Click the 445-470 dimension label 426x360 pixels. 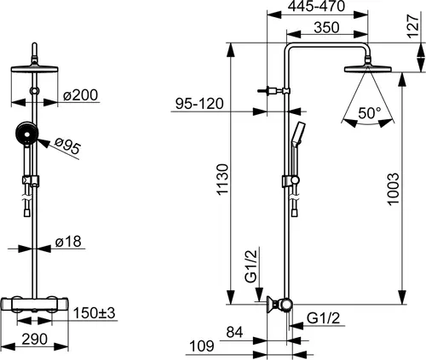316,6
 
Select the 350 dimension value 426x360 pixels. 326,27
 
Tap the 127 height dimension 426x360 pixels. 413,26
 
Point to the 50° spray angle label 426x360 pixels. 369,113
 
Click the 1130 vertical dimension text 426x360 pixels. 222,180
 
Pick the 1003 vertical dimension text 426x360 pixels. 393,189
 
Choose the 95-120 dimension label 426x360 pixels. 199,104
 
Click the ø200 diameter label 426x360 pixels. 81,95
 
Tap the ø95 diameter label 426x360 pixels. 68,146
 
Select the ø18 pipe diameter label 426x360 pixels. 68,242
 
